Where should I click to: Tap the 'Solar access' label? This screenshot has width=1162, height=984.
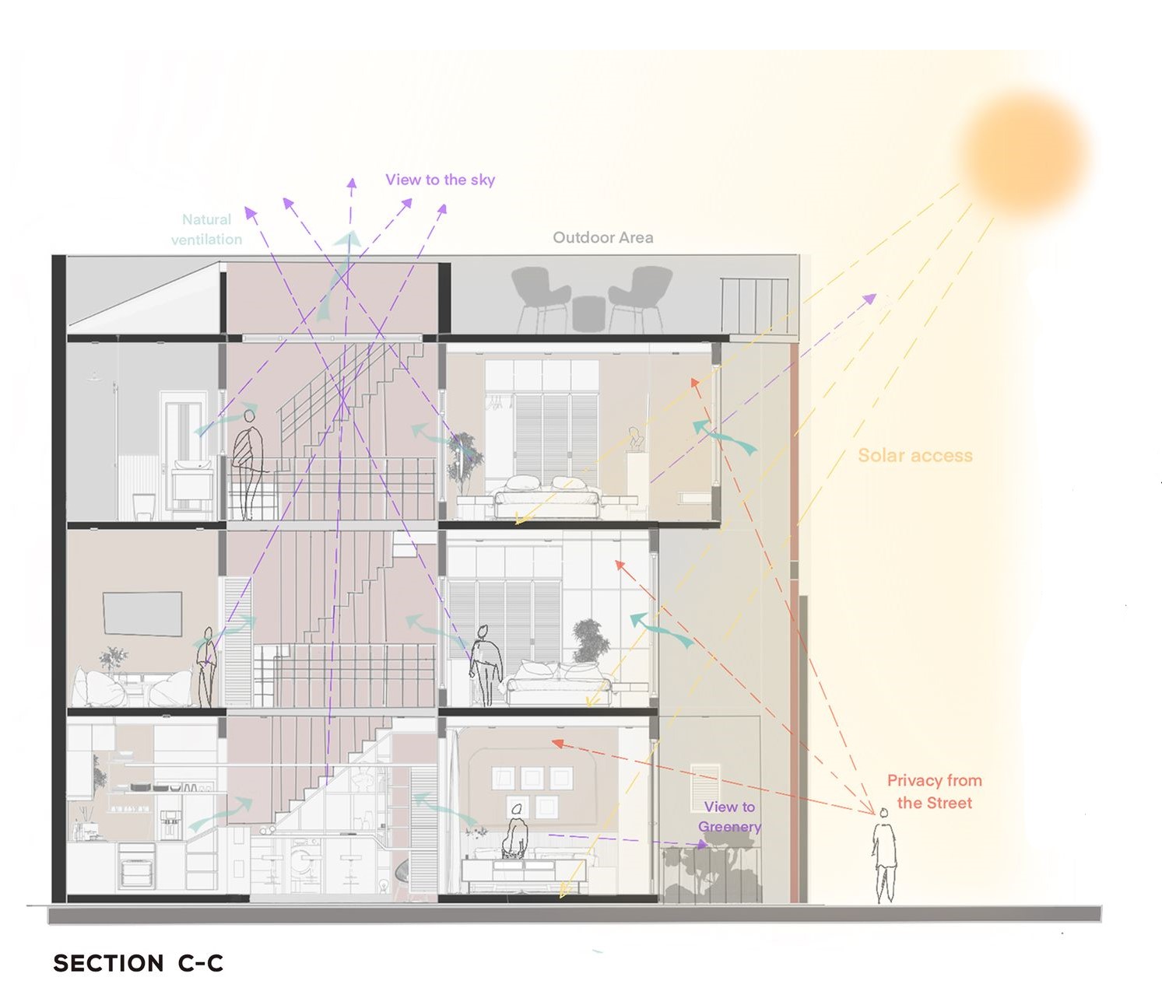[915, 456]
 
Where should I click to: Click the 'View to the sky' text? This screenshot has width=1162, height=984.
[440, 180]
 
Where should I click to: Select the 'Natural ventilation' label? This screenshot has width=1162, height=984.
[206, 229]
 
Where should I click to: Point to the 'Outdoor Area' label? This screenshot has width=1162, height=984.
[602, 237]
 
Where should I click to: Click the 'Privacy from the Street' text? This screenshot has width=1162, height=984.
[934, 791]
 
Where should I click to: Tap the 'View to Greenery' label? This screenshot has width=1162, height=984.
[729, 817]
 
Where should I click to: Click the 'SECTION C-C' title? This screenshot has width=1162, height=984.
[138, 963]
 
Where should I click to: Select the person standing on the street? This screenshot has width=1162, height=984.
[884, 856]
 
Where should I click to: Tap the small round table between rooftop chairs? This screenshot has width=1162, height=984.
[589, 313]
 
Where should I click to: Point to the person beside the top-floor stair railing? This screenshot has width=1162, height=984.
[248, 463]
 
